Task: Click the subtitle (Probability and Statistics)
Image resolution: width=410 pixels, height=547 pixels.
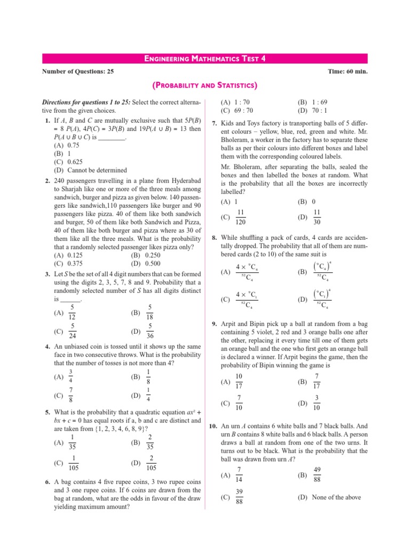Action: (205, 85)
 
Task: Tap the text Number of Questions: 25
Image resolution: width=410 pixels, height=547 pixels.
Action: (77, 71)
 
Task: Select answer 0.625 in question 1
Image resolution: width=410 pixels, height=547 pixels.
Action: (73, 162)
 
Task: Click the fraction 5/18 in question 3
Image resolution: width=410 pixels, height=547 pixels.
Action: (151, 311)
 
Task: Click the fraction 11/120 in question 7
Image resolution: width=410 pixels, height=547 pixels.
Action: (240, 217)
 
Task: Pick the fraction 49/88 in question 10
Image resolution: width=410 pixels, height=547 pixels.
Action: (318, 474)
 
